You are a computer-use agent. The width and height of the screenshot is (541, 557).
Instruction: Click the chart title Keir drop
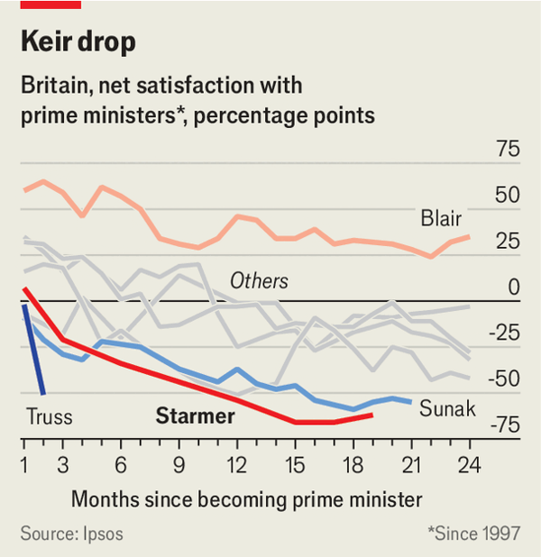click(79, 41)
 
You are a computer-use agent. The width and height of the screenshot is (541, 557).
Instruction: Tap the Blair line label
click(441, 218)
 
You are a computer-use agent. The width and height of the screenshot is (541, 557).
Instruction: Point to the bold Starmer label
click(196, 416)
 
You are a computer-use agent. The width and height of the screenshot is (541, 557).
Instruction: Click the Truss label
click(49, 417)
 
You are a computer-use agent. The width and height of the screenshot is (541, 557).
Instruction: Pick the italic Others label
click(259, 280)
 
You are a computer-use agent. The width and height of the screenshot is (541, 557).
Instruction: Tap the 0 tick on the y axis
click(514, 287)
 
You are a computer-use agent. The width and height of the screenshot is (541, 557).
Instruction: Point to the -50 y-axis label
click(503, 379)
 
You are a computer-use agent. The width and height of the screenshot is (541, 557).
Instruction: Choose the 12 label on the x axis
click(236, 466)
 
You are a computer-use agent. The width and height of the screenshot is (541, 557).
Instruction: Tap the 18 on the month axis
click(353, 466)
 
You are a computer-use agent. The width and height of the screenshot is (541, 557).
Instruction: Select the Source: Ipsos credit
click(71, 534)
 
